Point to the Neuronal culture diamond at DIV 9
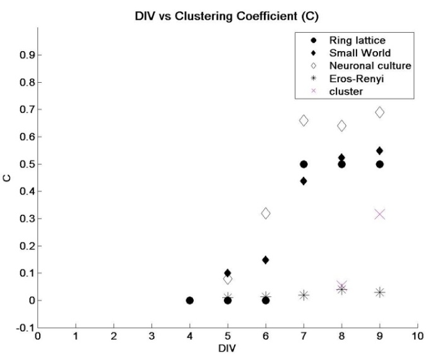380,112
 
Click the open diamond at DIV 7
304,120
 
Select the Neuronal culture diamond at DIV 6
266,213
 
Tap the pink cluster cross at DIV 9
380,214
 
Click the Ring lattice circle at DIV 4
189,300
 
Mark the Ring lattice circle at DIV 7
304,164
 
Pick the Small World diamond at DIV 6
266,260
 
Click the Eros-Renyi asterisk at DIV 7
304,295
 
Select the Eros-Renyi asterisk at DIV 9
380,292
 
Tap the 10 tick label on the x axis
417,336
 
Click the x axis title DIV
227,348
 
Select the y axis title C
8,177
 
